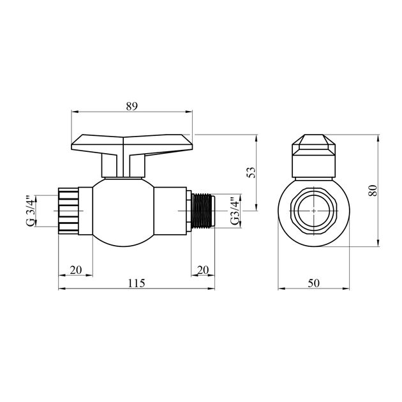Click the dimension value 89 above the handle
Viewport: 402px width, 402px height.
coord(131,106)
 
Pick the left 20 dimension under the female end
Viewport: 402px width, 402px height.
coord(75,270)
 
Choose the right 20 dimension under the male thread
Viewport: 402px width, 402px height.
coord(203,270)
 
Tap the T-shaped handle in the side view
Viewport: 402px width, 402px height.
coord(131,144)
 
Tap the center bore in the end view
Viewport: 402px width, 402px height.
coord(313,210)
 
